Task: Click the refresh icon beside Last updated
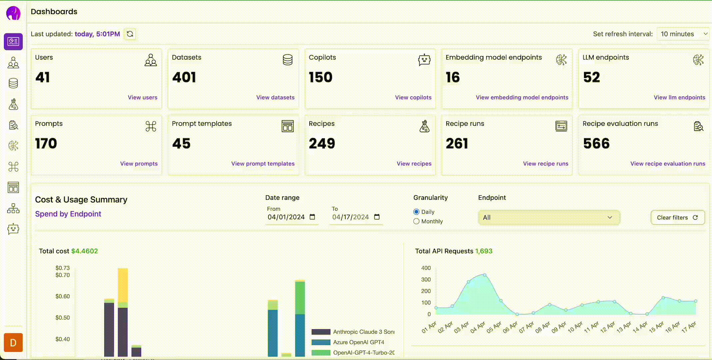point(130,34)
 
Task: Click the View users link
point(142,97)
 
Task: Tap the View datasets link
point(275,97)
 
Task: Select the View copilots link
point(413,97)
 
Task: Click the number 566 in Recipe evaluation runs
point(596,144)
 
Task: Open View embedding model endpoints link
point(522,97)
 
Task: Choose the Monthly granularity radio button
point(416,221)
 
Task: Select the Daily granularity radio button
point(416,212)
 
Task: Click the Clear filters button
point(677,218)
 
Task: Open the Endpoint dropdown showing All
point(549,218)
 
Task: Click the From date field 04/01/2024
point(286,217)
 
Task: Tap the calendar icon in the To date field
point(377,217)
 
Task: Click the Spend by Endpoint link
point(68,214)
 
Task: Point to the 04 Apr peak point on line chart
point(485,275)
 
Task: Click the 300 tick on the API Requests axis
point(426,280)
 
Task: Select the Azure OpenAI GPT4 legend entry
point(358,342)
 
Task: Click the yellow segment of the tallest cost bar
point(123,285)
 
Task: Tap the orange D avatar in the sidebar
point(13,342)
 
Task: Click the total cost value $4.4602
point(85,251)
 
